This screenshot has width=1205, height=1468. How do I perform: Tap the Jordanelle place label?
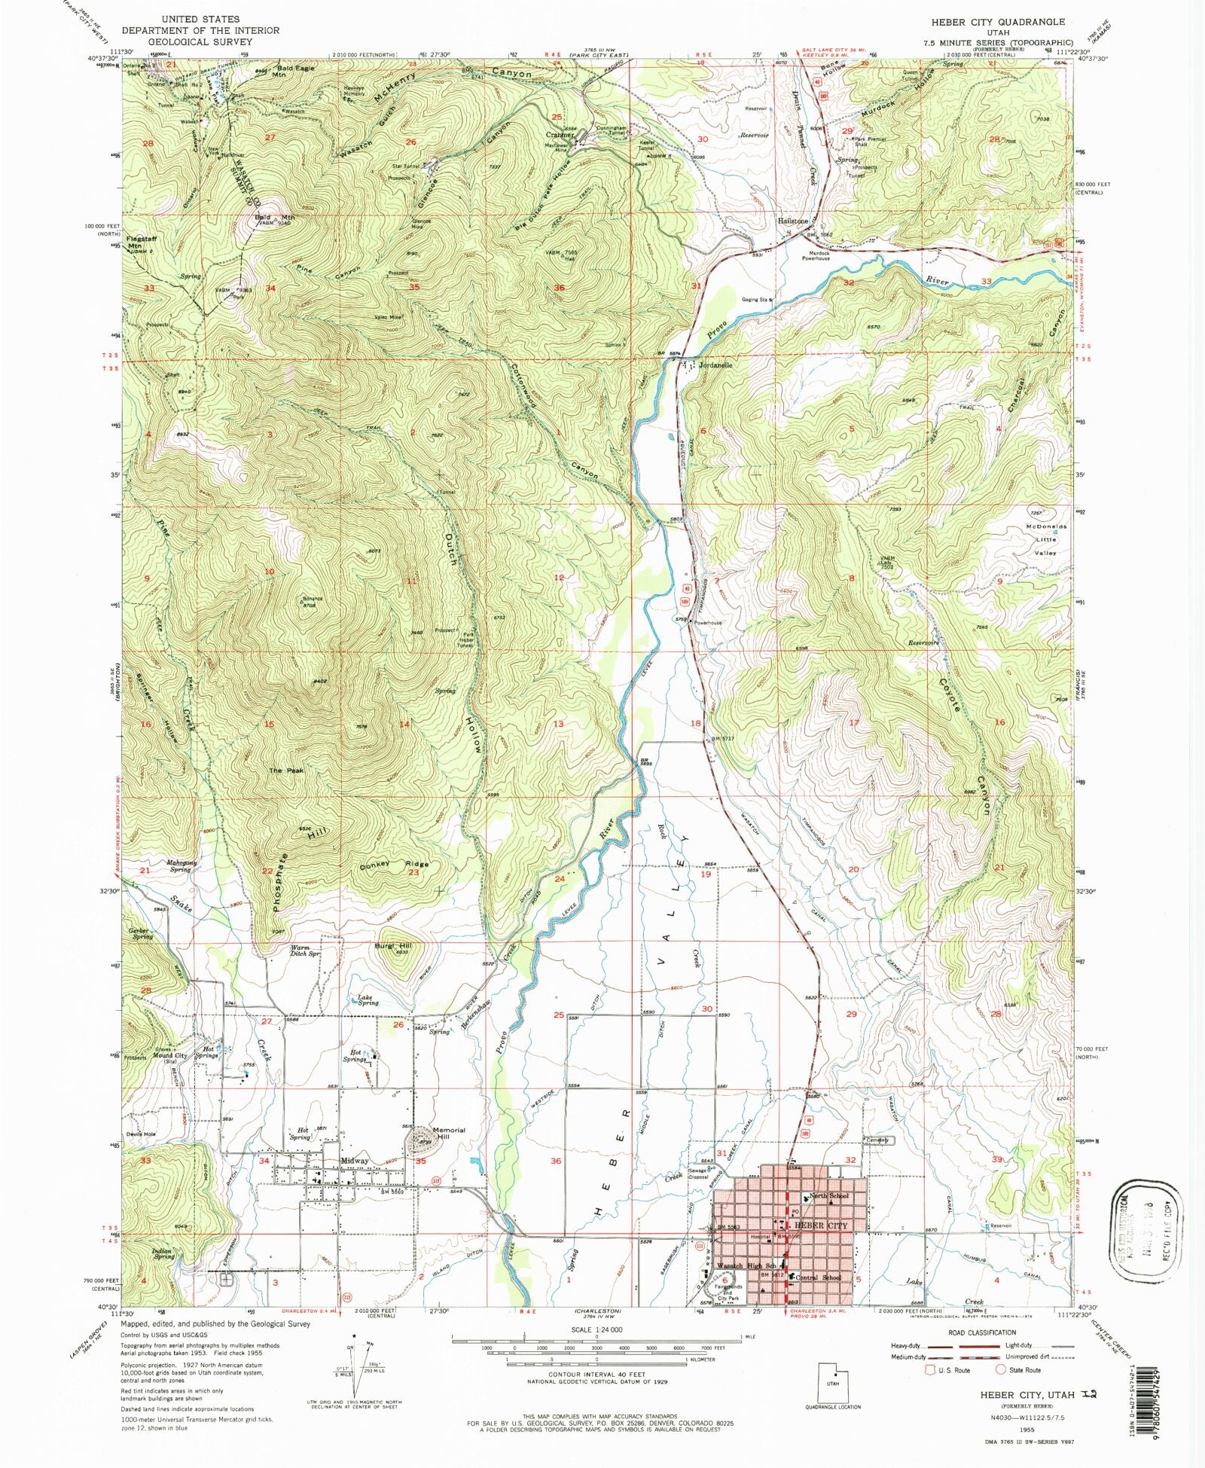click(x=716, y=365)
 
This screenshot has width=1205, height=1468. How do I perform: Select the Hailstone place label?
click(x=792, y=221)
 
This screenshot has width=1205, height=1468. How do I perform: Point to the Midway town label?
click(x=354, y=1161)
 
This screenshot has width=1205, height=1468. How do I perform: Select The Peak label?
click(x=286, y=771)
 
